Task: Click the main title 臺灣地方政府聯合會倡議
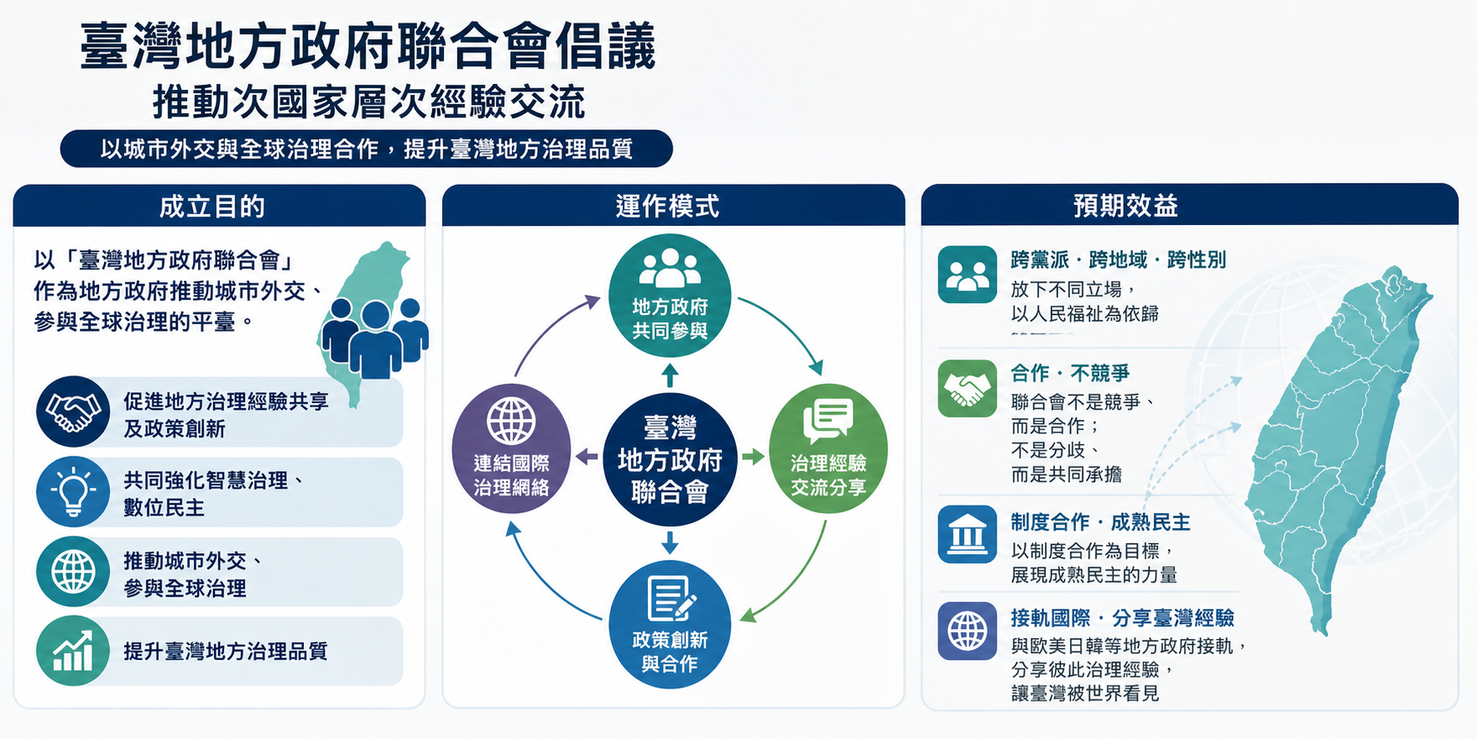pyautogui.click(x=368, y=47)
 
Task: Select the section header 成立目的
pyautogui.click(x=212, y=207)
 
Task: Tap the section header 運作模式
pyautogui.click(x=668, y=207)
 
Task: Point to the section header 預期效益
pyautogui.click(x=1126, y=206)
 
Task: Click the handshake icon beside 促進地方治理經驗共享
pyautogui.click(x=73, y=412)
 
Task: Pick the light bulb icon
pyautogui.click(x=73, y=491)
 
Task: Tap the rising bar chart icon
pyautogui.click(x=73, y=651)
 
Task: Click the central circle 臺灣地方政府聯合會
pyautogui.click(x=670, y=459)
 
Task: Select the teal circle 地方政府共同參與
pyautogui.click(x=670, y=296)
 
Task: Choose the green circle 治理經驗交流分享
pyautogui.click(x=828, y=448)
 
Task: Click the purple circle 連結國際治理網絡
pyautogui.click(x=511, y=448)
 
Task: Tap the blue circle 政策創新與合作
pyautogui.click(x=670, y=624)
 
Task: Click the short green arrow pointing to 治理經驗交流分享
pyautogui.click(x=753, y=457)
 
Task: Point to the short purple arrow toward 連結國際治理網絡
pyautogui.click(x=587, y=457)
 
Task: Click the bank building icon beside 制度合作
pyautogui.click(x=967, y=535)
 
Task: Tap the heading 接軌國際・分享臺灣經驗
pyautogui.click(x=1122, y=618)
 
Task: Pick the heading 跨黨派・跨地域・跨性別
pyautogui.click(x=1118, y=260)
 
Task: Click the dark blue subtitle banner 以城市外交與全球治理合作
pyautogui.click(x=366, y=149)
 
